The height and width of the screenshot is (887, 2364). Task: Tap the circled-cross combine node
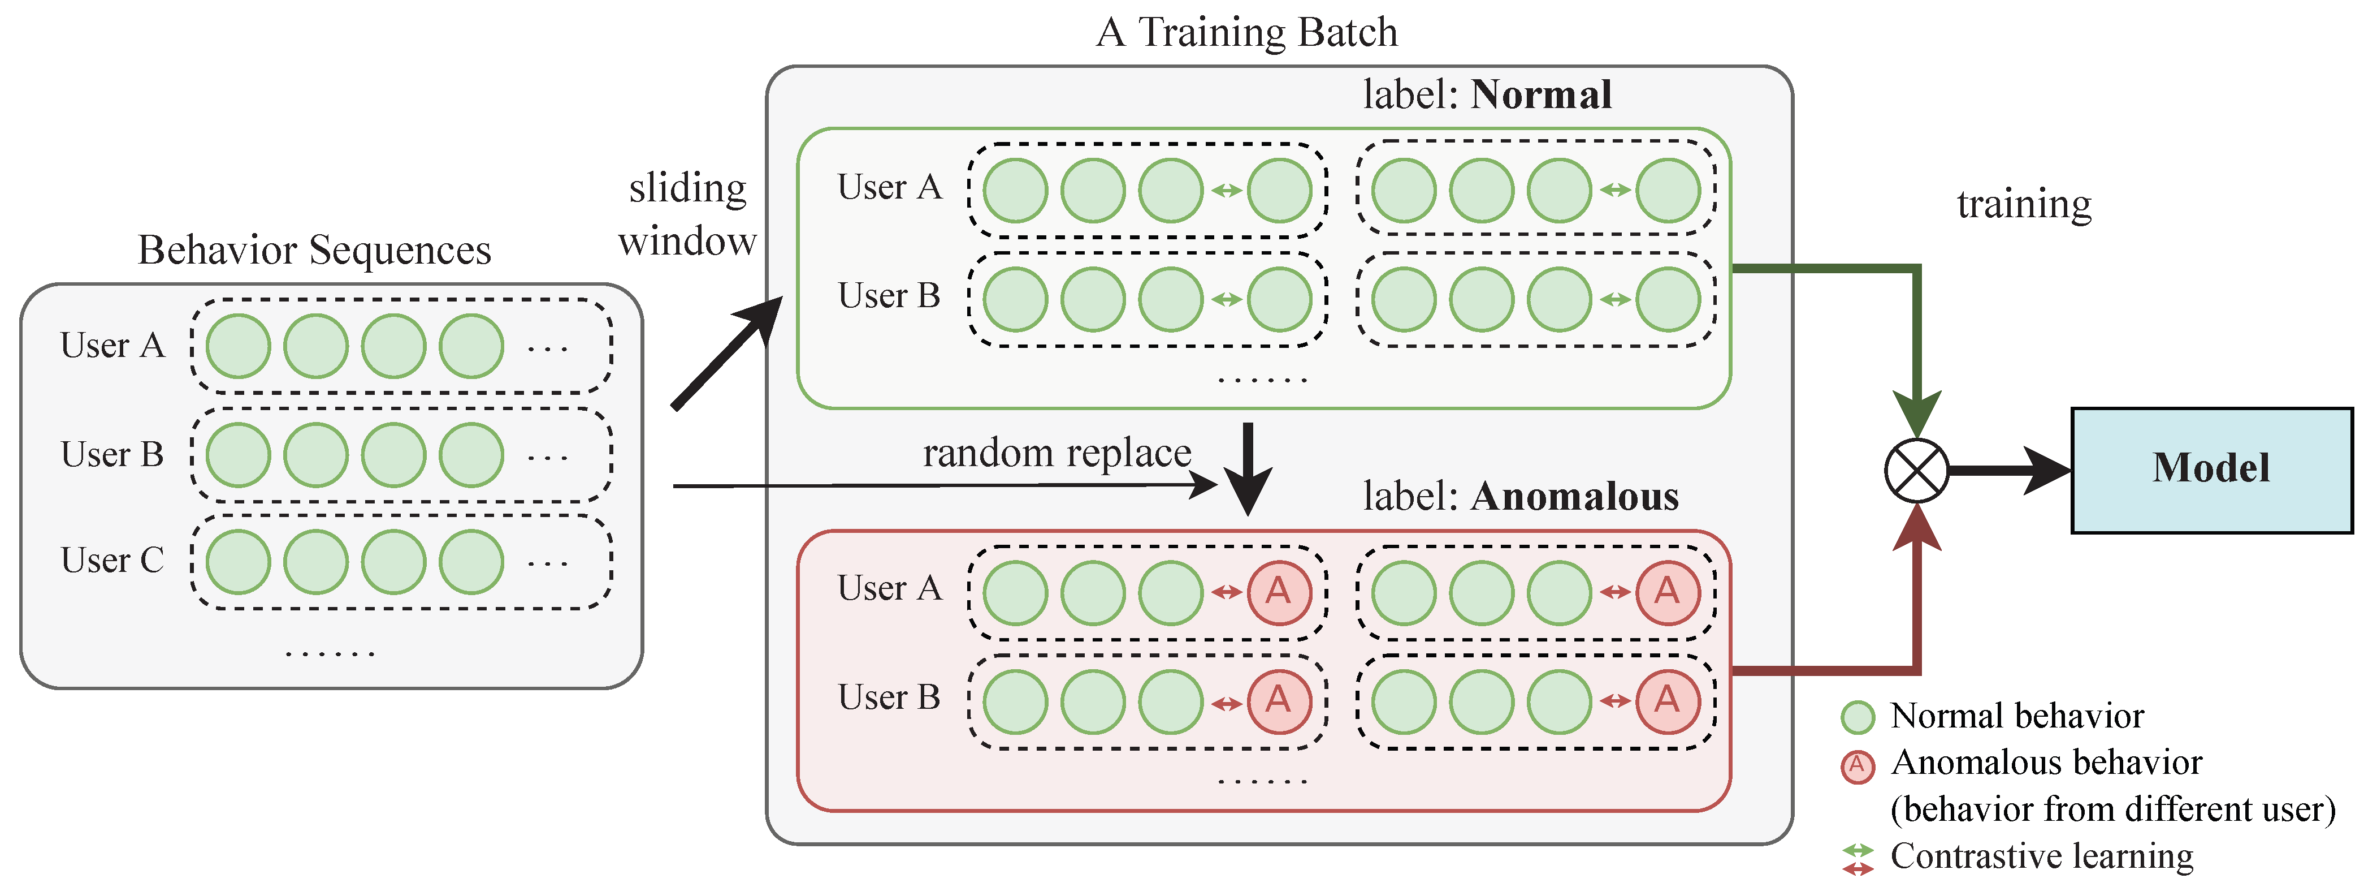[1916, 470]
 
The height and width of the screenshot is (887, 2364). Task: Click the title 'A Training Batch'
[1246, 32]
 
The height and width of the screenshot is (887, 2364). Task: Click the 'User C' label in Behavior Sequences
[112, 560]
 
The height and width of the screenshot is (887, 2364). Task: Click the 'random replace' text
[1057, 453]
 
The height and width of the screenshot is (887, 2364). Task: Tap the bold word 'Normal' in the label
[1541, 94]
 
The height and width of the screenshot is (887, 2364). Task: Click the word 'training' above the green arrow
[2024, 204]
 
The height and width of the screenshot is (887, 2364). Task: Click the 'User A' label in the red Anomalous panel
[889, 588]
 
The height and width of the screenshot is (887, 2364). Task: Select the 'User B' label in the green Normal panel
[889, 296]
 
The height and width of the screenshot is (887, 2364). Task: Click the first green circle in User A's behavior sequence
[237, 346]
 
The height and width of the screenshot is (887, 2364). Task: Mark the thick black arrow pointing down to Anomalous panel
[1248, 468]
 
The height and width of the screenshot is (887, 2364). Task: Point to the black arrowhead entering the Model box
[2046, 470]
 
